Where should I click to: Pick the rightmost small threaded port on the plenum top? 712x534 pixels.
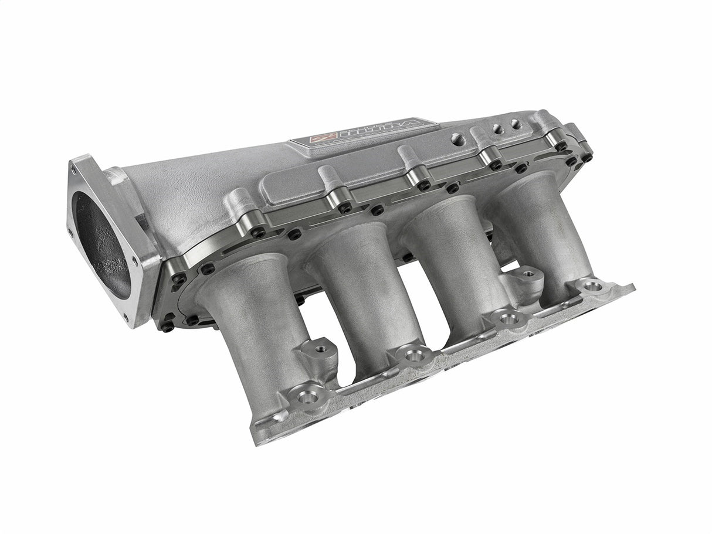pos(515,124)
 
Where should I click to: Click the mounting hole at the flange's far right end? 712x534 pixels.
pos(592,287)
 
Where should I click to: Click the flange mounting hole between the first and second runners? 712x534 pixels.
pos(307,397)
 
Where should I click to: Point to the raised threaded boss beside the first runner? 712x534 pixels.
pos(320,349)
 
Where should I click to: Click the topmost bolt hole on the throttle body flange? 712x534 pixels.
pos(73,171)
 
